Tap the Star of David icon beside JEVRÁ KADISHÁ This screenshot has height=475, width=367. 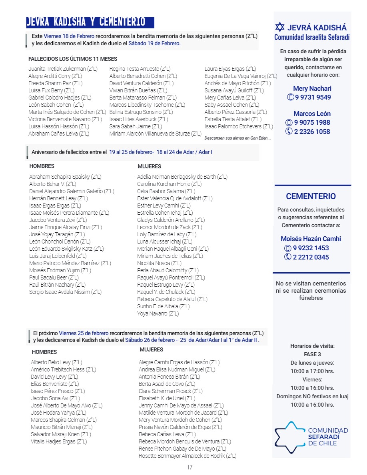[x=280, y=28]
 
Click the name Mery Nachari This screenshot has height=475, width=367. [x=312, y=88]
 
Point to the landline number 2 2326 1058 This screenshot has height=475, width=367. [x=312, y=132]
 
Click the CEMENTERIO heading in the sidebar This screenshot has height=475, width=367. [x=311, y=196]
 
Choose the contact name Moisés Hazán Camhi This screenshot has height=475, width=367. [x=311, y=239]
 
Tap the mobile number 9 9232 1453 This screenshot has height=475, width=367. [x=311, y=248]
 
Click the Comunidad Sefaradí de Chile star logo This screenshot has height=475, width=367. [x=289, y=437]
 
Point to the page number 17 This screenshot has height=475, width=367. [x=189, y=467]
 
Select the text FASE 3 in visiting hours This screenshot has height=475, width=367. [x=312, y=354]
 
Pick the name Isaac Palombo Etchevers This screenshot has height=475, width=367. [x=239, y=126]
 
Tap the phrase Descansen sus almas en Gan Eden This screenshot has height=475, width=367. [x=237, y=138]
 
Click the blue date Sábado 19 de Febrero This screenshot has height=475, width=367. [x=154, y=43]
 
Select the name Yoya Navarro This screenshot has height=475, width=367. [x=158, y=313]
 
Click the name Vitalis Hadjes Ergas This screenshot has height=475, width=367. [x=59, y=441]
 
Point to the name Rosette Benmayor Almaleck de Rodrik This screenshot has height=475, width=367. [x=187, y=456]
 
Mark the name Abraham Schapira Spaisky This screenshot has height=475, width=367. [x=65, y=176]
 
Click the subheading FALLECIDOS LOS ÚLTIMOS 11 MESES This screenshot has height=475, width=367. [x=73, y=59]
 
